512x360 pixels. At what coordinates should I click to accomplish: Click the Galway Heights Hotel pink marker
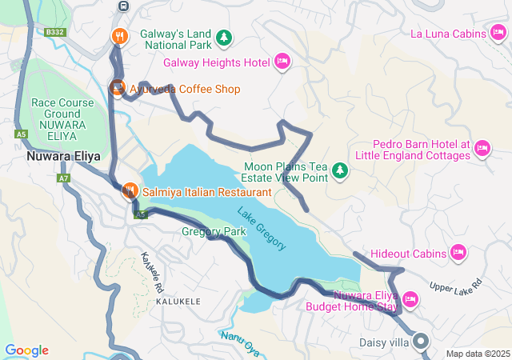(x=282, y=62)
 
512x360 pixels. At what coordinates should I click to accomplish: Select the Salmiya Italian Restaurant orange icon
(x=129, y=192)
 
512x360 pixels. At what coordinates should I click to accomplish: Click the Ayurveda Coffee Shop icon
(x=118, y=88)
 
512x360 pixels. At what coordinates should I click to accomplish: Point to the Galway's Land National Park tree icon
(x=226, y=38)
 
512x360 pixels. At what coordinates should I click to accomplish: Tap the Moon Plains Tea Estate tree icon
(x=340, y=170)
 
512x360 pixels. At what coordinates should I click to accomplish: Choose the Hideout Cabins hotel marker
(x=458, y=253)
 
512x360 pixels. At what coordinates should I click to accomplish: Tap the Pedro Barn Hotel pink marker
(x=482, y=148)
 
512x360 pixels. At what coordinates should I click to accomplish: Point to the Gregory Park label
(x=214, y=232)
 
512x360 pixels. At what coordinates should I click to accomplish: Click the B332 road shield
(x=54, y=32)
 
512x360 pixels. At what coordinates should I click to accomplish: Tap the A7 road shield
(x=63, y=178)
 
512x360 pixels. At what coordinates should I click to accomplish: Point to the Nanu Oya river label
(x=242, y=342)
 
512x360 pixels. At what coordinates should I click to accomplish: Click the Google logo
(x=26, y=350)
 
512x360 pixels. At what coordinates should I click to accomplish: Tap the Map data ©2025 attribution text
(x=477, y=354)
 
